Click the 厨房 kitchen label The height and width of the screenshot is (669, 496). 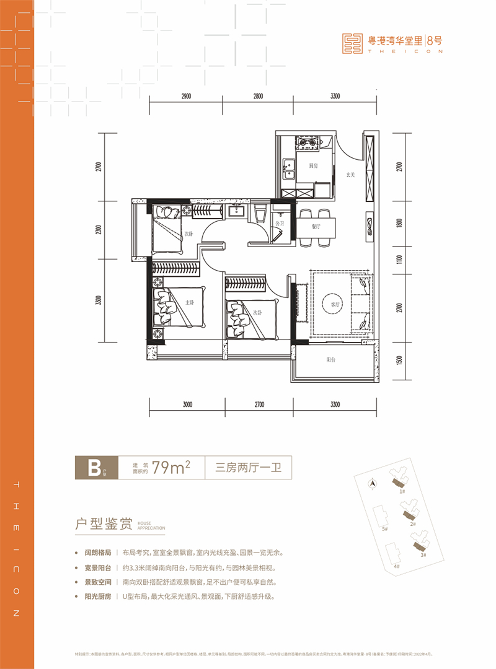pyautogui.click(x=305, y=165)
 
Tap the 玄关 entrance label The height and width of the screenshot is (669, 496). pyautogui.click(x=350, y=175)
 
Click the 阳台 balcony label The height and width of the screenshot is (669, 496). pyautogui.click(x=332, y=360)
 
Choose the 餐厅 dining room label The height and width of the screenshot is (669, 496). pyautogui.click(x=317, y=227)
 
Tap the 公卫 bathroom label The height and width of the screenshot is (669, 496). pyautogui.click(x=280, y=222)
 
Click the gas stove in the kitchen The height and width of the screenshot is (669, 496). pyautogui.click(x=308, y=144)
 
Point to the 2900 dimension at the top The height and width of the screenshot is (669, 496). pyautogui.click(x=182, y=96)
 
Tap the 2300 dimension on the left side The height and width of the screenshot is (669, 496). pyautogui.click(x=98, y=230)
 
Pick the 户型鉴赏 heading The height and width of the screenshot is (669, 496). pyautogui.click(x=102, y=524)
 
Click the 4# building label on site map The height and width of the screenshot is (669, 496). pyautogui.click(x=396, y=566)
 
